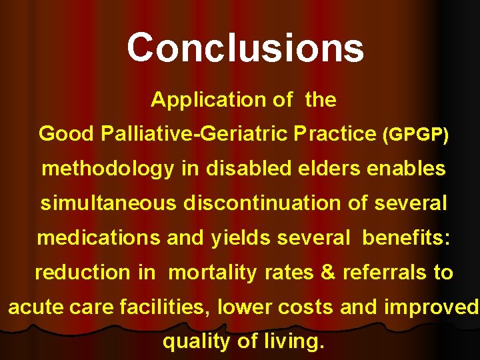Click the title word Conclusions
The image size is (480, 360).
coord(245,48)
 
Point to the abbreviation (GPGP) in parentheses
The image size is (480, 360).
coord(415,135)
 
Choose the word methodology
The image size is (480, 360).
coord(108,169)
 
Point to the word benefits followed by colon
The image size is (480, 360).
coord(407,238)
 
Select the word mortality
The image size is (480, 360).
coord(212,273)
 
